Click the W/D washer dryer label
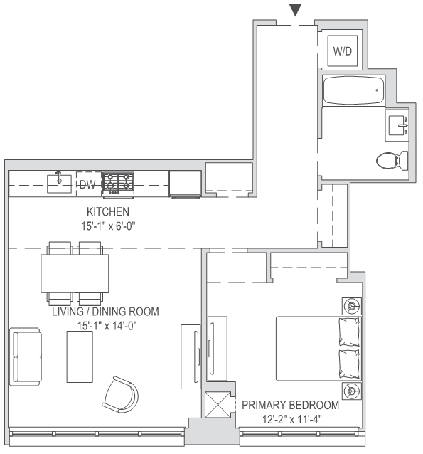pos(343,52)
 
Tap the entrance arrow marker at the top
pos(296,9)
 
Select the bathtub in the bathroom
pos(353,91)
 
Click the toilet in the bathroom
pos(392,159)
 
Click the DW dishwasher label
pos(87,184)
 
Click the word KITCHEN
pos(107,212)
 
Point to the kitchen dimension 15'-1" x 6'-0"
pos(107,225)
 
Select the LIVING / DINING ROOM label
pos(105,312)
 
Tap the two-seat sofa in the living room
pos(27,356)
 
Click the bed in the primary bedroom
pos(318,349)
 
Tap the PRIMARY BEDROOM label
pos(290,405)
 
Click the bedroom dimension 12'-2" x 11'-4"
pos(290,418)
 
